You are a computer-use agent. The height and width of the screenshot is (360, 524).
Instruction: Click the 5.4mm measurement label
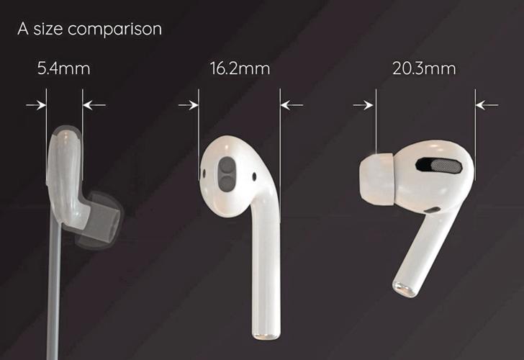point(64,70)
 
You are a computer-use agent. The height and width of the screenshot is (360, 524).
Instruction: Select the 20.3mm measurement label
point(424,70)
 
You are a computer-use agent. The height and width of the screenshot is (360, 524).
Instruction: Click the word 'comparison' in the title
point(118,30)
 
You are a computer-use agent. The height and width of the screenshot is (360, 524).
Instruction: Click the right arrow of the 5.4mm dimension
point(94,105)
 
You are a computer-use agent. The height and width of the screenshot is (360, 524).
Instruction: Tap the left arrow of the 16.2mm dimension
point(188,105)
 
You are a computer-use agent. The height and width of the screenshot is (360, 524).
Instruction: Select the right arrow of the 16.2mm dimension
point(291,105)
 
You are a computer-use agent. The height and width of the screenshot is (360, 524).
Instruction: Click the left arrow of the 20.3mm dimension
point(364,105)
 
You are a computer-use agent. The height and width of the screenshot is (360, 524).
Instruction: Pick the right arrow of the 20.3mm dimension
point(487,105)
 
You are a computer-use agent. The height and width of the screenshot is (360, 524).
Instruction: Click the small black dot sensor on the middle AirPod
point(254,175)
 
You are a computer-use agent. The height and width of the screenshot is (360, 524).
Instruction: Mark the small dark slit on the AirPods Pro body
point(433,209)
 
